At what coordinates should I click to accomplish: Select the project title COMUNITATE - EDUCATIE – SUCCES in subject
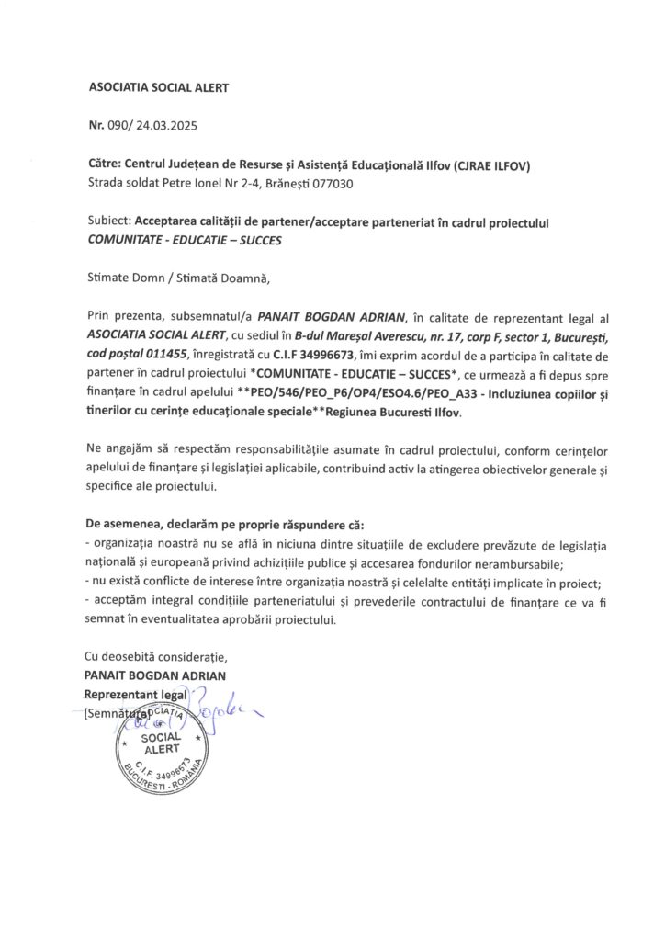[185, 242]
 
